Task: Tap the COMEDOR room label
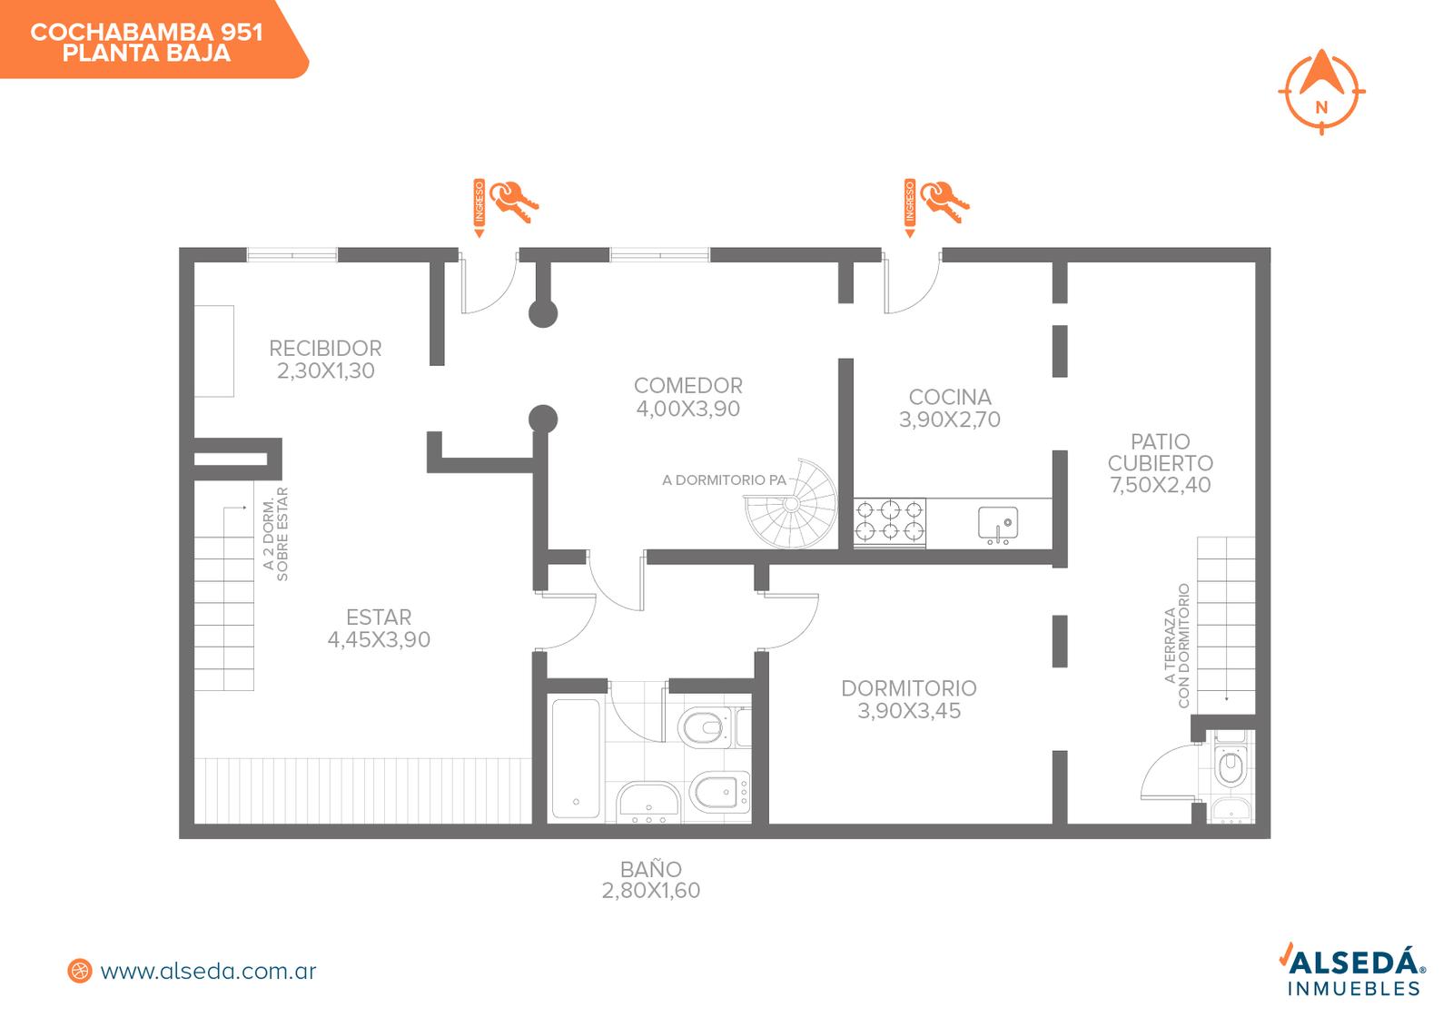coord(687,386)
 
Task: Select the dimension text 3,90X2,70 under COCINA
coord(949,420)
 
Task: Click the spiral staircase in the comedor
coord(791,504)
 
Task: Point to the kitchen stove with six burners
coord(890,520)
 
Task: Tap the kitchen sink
coord(998,524)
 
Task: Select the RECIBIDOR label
coord(325,349)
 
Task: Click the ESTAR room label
coord(379,617)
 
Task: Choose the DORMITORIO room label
coord(909,688)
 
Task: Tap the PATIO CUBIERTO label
coord(1160,453)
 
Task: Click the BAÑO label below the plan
coord(650,869)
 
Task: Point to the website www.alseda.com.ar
coord(208,972)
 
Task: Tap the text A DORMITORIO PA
coord(724,480)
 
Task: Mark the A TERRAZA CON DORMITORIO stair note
coord(1177,646)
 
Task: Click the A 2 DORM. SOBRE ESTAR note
coord(275,534)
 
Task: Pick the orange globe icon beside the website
coord(80,972)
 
